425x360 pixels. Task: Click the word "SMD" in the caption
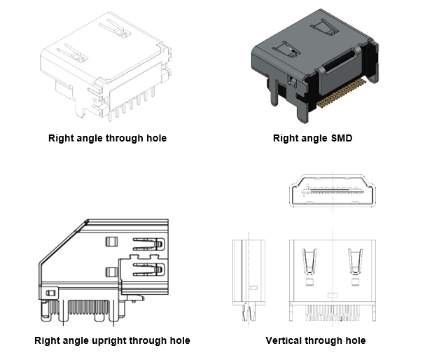click(x=340, y=139)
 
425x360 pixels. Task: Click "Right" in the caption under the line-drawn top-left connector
click(x=61, y=139)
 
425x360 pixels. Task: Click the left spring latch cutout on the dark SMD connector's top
click(x=287, y=50)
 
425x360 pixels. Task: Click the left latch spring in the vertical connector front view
click(x=307, y=263)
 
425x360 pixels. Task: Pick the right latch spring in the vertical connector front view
click(x=355, y=263)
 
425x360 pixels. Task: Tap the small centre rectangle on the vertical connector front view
click(x=330, y=289)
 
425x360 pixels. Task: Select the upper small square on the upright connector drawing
click(x=109, y=242)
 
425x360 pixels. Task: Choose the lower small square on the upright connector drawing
click(x=109, y=271)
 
